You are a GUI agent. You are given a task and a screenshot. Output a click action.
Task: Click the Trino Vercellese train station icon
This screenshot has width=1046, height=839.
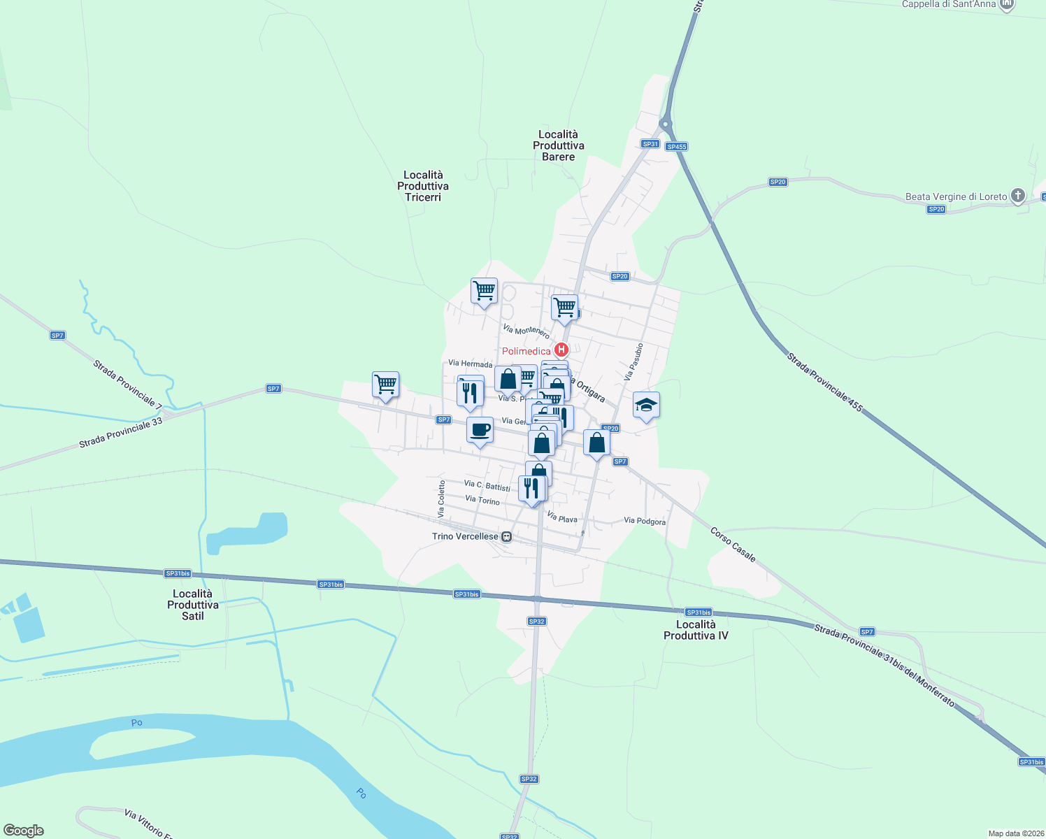507,537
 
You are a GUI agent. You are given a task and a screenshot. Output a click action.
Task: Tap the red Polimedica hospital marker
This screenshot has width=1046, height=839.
561,350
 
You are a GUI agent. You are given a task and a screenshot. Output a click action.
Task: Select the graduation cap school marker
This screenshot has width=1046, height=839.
646,405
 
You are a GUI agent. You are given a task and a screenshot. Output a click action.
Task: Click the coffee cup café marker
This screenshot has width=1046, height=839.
480,430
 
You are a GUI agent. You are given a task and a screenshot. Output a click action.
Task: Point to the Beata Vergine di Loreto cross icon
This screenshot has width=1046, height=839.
1018,196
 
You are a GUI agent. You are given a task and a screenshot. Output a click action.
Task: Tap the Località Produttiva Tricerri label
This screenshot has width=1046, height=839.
423,186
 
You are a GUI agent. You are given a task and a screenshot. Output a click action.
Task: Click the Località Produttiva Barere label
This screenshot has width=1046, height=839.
559,145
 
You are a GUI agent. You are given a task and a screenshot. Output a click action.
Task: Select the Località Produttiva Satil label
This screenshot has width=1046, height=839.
193,605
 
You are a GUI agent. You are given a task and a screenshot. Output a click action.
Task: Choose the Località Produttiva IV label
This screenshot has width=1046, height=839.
696,630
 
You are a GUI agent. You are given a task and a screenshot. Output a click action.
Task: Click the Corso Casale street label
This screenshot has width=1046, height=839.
733,545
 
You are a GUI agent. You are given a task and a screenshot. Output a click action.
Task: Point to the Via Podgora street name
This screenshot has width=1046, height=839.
645,521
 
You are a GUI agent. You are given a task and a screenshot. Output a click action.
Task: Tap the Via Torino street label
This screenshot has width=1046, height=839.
482,500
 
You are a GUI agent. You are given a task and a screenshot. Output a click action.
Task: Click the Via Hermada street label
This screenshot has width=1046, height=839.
470,364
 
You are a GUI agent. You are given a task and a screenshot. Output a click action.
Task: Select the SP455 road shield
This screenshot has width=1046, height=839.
676,147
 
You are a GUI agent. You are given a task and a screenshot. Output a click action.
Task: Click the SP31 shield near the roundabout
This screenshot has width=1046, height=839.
650,144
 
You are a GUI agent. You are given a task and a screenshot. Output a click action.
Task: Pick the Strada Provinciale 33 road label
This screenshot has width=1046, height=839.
120,433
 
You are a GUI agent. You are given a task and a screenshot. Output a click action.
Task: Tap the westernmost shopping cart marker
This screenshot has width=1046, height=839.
385,384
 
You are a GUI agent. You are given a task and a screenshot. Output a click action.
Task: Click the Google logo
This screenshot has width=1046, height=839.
24,831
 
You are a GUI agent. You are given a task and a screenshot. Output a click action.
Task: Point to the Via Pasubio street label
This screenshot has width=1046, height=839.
633,361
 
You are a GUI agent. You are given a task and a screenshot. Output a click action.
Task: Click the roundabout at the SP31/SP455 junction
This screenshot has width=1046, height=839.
666,124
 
